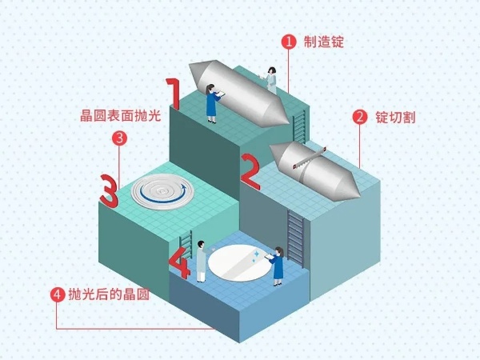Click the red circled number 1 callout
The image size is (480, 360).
289,42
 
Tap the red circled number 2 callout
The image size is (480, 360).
360,118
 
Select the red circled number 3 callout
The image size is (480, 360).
119,138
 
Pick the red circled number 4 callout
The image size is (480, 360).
58,294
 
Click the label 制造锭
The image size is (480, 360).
324,42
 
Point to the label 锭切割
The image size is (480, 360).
395,118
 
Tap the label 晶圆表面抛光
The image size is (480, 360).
120,116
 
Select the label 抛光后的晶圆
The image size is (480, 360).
109,294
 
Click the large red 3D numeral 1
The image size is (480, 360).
174,94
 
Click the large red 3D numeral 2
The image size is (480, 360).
250,171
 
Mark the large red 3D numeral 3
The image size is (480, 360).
109,191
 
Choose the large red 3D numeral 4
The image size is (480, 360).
180,262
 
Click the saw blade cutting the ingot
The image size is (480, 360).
309,158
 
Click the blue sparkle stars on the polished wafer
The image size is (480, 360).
255,257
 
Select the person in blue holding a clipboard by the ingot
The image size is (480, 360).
213,103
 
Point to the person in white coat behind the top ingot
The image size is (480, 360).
270,80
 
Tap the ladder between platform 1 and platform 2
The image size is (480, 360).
299,127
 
